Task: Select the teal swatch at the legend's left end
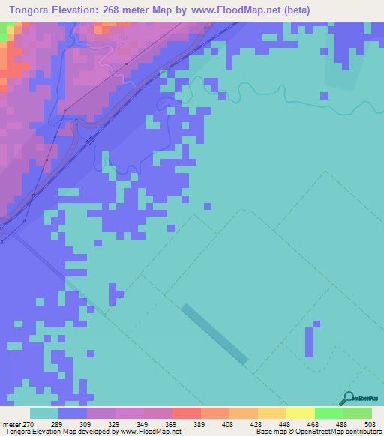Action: coord(44,413)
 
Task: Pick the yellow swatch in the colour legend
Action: coord(301,413)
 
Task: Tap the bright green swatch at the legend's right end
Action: coord(358,413)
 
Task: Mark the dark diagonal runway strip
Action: coord(214,334)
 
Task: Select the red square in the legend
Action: coord(187,413)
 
